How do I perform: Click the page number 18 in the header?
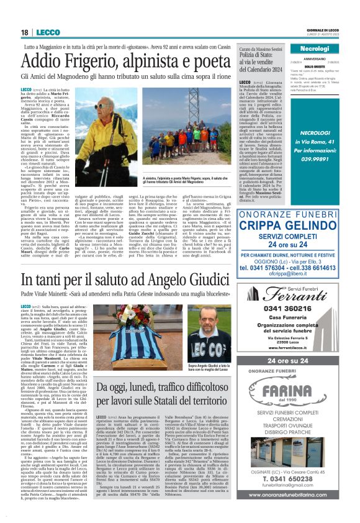pos(24,32)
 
